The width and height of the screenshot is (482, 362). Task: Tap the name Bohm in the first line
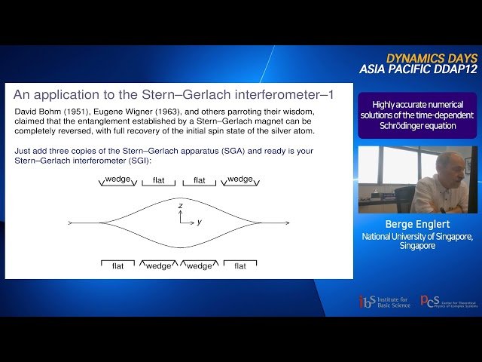pos(43,111)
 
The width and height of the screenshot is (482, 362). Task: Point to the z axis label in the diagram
pos(181,205)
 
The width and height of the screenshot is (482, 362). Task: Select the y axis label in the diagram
pos(199,222)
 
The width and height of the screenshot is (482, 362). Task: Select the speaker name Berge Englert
pos(416,224)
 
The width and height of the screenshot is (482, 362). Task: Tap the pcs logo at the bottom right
pos(430,301)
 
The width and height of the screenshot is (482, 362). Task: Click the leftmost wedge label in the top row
pos(119,179)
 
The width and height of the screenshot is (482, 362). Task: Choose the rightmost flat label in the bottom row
pos(240,265)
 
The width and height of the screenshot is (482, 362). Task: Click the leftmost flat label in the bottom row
pos(118,265)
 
